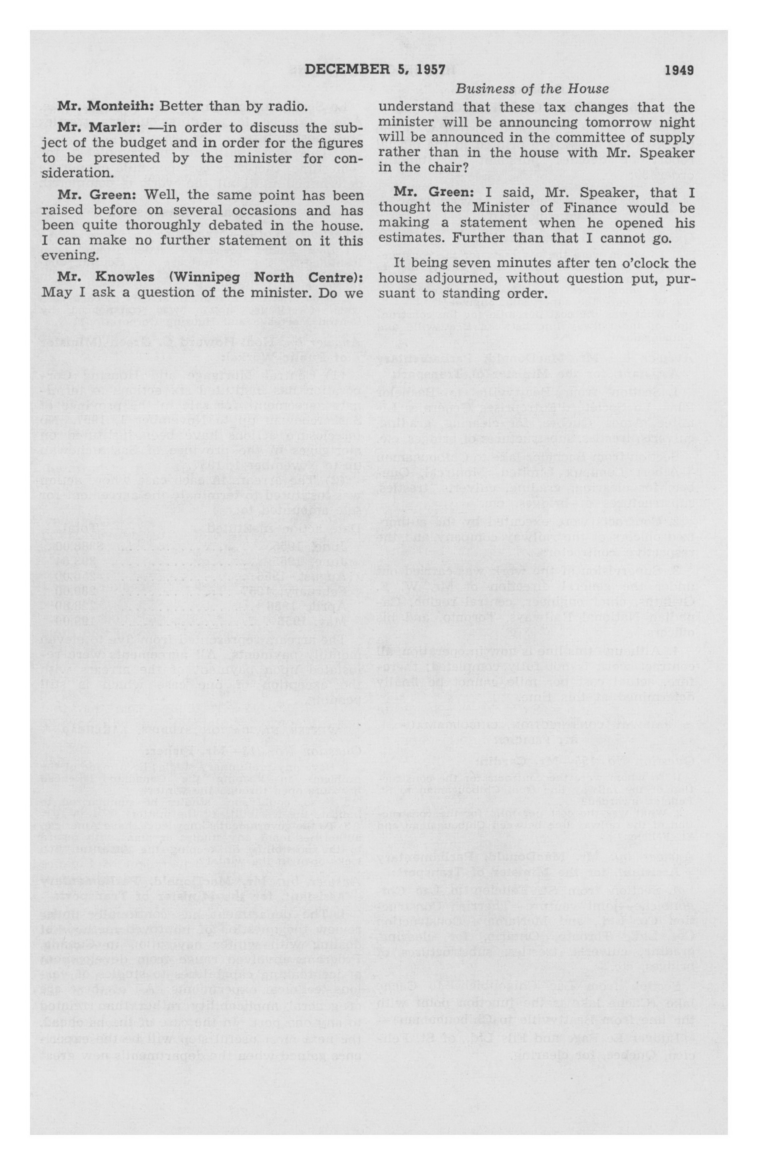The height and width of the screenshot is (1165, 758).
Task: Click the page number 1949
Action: tap(679, 70)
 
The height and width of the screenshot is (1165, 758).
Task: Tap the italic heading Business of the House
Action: tap(532, 89)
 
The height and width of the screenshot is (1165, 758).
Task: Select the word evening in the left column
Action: tap(62, 256)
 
